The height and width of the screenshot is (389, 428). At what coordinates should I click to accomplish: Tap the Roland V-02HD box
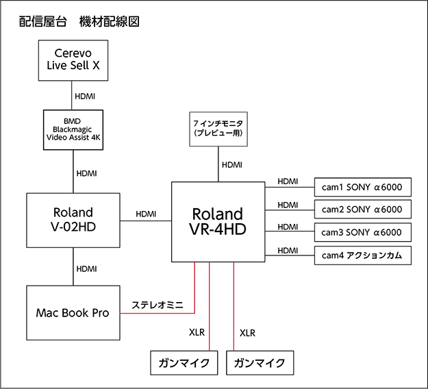[73, 221]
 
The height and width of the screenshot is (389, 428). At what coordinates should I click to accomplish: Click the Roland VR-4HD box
[218, 221]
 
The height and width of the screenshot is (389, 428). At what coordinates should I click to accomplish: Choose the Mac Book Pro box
[73, 313]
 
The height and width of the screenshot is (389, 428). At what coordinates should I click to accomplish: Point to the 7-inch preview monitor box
[218, 129]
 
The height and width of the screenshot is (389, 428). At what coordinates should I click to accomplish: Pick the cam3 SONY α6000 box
[363, 232]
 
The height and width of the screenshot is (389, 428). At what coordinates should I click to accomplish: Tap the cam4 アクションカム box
[363, 255]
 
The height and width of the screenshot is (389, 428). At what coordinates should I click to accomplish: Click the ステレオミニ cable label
[155, 303]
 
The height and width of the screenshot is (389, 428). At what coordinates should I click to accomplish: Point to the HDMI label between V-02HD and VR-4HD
[146, 214]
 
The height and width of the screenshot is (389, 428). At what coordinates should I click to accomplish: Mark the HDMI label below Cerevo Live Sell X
[86, 97]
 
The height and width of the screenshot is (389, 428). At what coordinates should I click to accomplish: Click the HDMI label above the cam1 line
[288, 181]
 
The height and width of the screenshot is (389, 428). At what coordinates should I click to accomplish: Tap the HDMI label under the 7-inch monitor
[232, 165]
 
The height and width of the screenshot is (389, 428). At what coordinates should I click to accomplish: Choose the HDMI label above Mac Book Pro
[86, 268]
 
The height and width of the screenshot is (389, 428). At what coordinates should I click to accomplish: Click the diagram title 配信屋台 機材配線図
[80, 21]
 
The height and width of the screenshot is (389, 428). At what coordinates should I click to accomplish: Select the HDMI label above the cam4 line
[288, 250]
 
